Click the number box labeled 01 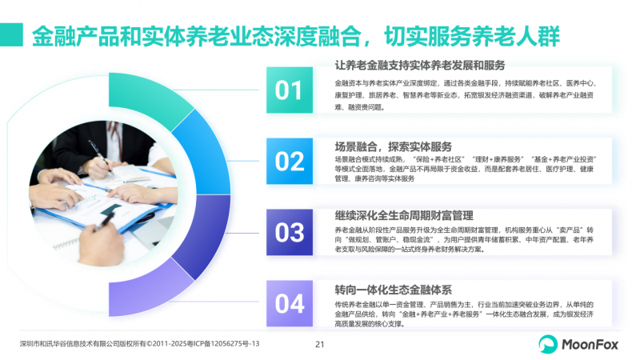(290, 90)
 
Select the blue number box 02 (290, 162)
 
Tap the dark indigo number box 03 (290, 232)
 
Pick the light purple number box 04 (290, 303)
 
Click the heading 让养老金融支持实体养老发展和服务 (420, 66)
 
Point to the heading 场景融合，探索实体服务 (393, 146)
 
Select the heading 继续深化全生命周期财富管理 (404, 215)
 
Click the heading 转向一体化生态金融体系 (393, 290)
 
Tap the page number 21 (319, 345)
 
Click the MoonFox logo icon (548, 344)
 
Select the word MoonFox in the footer (590, 345)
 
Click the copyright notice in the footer (139, 344)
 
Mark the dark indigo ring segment (203, 237)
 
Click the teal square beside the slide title (11, 34)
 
